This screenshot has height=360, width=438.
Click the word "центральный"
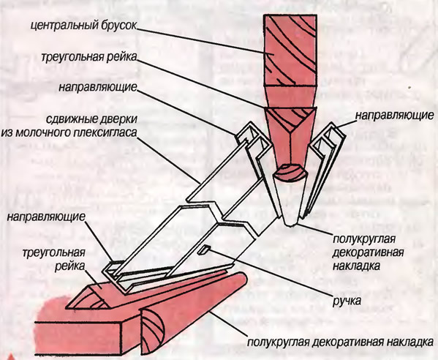64,26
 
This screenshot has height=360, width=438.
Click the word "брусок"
117,26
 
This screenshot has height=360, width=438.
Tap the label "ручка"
347,301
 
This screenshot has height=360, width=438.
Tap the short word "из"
7,132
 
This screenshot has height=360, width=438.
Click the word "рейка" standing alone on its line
69,266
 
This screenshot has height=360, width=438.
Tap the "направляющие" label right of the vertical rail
394,115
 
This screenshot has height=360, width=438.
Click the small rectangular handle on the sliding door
204,250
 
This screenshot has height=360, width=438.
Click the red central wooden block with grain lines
290,50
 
